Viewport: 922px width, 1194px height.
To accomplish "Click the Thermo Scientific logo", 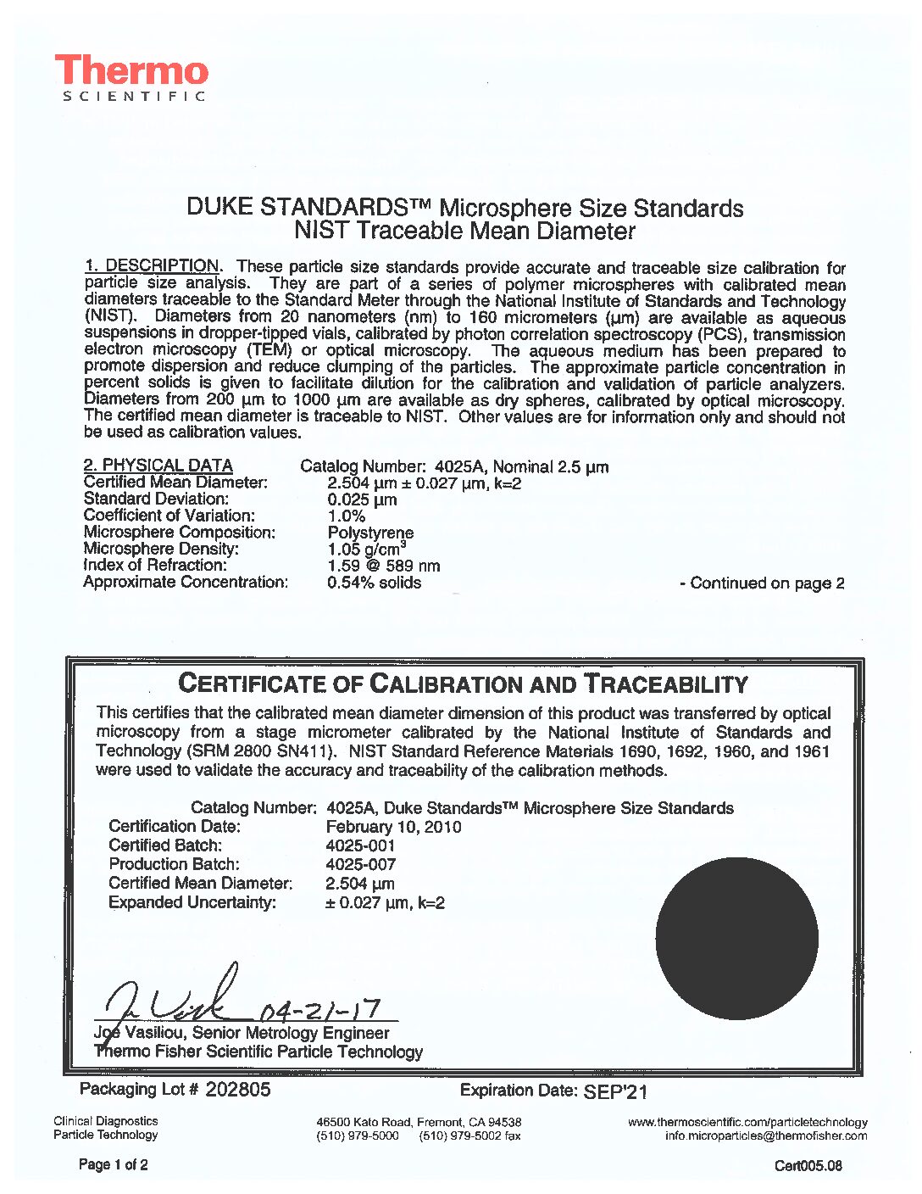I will (x=131, y=78).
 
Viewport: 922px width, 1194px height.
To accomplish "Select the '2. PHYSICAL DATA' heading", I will (x=158, y=465).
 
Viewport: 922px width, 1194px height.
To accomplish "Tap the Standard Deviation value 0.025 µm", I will (x=362, y=499).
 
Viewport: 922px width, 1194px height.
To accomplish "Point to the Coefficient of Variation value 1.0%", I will (x=347, y=516).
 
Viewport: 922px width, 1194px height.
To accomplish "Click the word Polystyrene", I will (x=370, y=533).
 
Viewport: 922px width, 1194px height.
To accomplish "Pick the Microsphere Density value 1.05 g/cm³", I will (x=366, y=549).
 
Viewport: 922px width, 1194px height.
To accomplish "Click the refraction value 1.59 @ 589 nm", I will (x=383, y=566).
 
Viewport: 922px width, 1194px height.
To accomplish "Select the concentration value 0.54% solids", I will (x=374, y=583).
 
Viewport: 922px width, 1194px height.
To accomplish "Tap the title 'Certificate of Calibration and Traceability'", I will (x=464, y=683).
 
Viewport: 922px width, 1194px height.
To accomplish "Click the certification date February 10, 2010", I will (x=393, y=827).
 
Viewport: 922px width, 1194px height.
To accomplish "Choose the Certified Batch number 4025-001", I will (x=360, y=845).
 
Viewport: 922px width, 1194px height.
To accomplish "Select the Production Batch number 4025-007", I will (x=360, y=864).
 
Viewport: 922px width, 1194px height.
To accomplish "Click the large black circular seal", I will (x=737, y=938).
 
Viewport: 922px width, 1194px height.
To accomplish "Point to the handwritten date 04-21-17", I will (x=318, y=1010).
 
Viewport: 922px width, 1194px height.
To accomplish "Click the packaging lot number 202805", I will (x=238, y=1090).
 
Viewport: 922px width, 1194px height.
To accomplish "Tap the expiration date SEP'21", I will (x=615, y=1091).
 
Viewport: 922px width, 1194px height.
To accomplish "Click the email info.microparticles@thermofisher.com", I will (x=766, y=1135).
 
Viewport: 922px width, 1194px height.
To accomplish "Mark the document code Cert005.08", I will (x=808, y=1166).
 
